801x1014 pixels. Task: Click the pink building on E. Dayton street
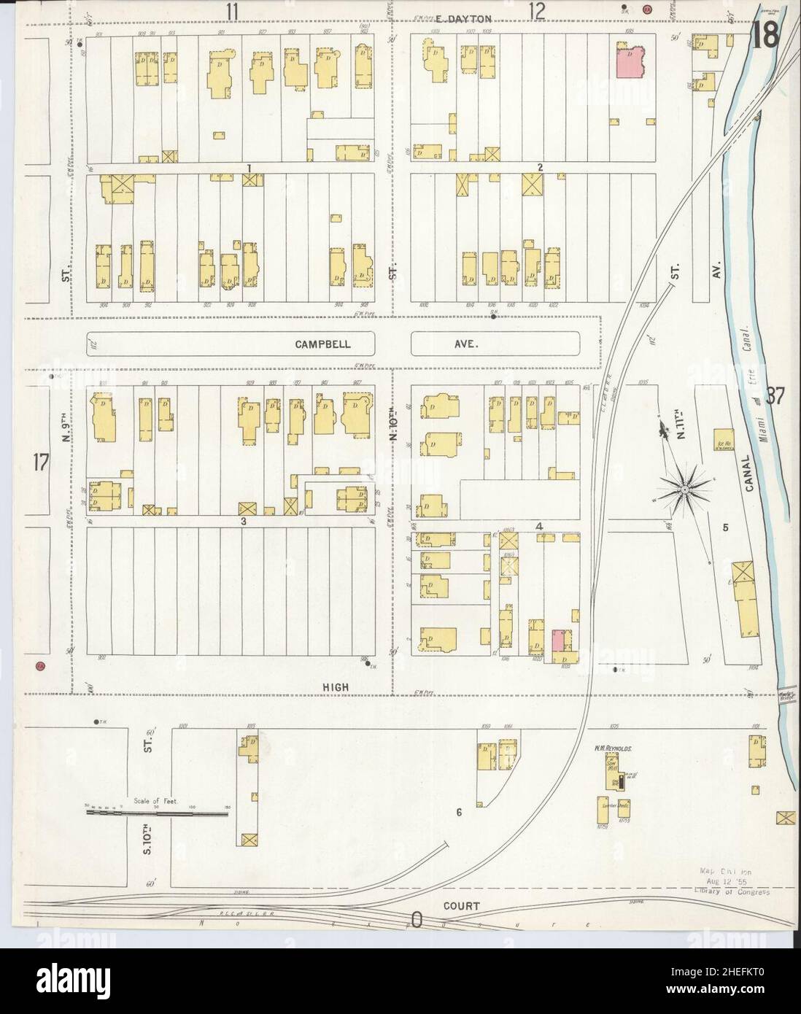tap(632, 61)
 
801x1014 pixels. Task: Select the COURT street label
tap(460, 906)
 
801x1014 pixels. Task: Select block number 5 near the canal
tap(726, 527)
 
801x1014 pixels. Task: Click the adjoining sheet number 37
tap(774, 397)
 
